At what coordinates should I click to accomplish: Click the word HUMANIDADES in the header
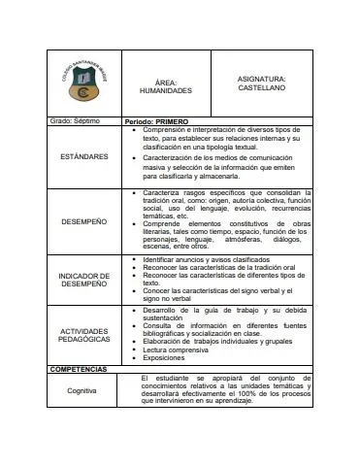click(166, 90)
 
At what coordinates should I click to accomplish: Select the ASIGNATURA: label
click(261, 78)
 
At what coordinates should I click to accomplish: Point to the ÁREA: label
click(166, 82)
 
